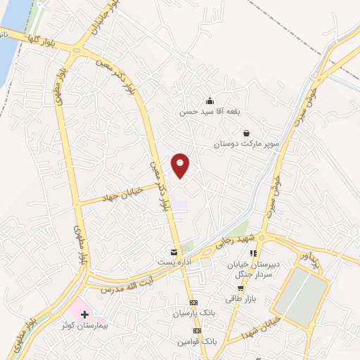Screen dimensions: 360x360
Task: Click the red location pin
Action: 181,165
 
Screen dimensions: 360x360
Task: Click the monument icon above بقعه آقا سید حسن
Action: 210,101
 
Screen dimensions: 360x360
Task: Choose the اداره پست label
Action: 173,262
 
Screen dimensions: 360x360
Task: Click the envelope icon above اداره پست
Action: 174,251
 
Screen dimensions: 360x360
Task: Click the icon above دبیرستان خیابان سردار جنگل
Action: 254,253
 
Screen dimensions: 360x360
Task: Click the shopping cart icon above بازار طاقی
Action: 240,288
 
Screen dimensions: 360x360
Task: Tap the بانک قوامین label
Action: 196,340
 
